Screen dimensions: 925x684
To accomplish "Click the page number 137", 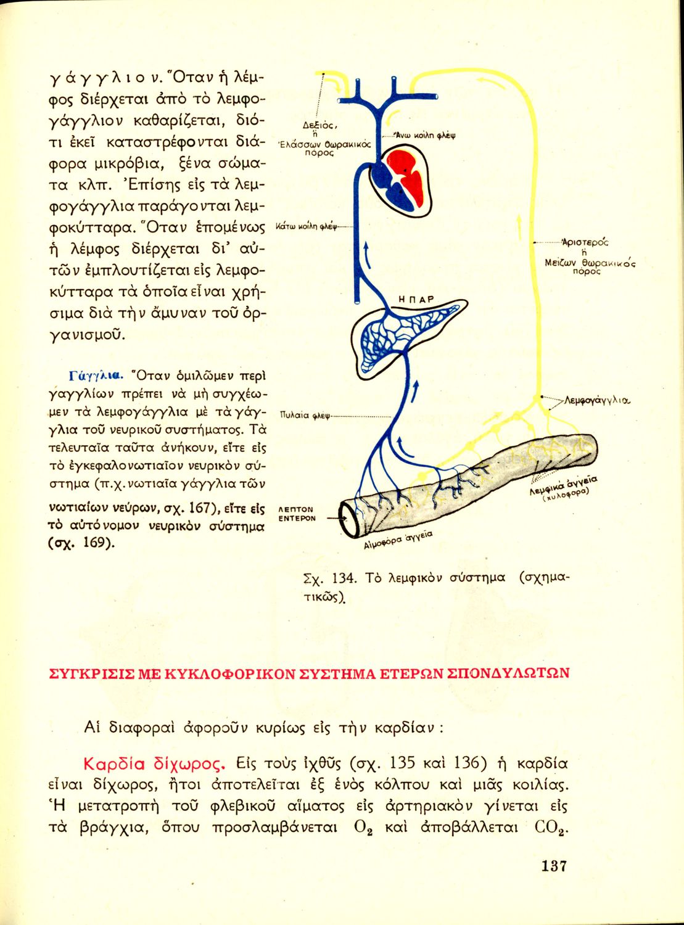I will (553, 865).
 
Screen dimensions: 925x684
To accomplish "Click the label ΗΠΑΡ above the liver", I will (417, 299).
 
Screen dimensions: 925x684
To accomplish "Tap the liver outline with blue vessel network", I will (395, 336).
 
